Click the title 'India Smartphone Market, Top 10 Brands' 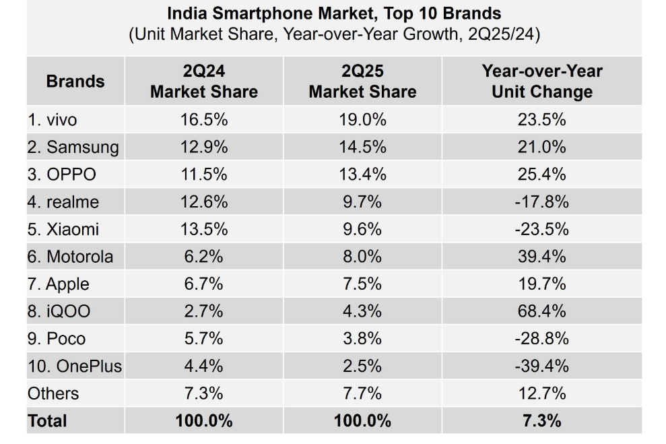pyautogui.click(x=334, y=13)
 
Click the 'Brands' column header pyautogui.click(x=75, y=82)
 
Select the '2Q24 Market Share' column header pyautogui.click(x=203, y=82)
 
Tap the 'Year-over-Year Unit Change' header pyautogui.click(x=541, y=82)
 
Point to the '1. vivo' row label pyautogui.click(x=53, y=120)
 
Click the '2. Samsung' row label pyautogui.click(x=73, y=148)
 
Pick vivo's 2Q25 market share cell pyautogui.click(x=362, y=120)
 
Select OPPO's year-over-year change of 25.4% pyautogui.click(x=541, y=175)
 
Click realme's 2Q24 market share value pyautogui.click(x=203, y=201)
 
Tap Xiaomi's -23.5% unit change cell pyautogui.click(x=541, y=229)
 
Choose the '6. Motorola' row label pyautogui.click(x=71, y=257)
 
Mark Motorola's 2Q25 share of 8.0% pyautogui.click(x=362, y=257)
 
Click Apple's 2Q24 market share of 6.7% pyautogui.click(x=203, y=284)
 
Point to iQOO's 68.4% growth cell pyautogui.click(x=541, y=311)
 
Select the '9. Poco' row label pyautogui.click(x=57, y=339)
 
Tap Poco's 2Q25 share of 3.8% pyautogui.click(x=362, y=339)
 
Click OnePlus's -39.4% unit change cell pyautogui.click(x=541, y=367)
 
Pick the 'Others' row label pyautogui.click(x=53, y=393)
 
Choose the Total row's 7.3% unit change pyautogui.click(x=541, y=421)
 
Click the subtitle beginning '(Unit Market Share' pyautogui.click(x=334, y=35)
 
